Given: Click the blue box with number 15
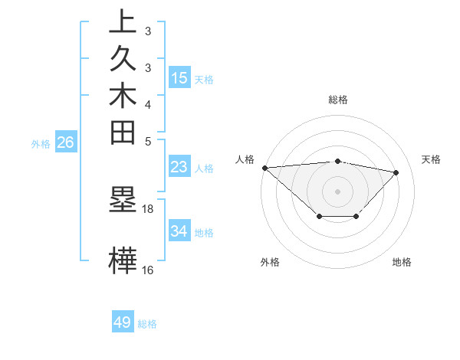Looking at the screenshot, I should point(179,78).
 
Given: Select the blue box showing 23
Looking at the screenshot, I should point(179,167).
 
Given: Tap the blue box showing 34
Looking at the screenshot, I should point(179,231).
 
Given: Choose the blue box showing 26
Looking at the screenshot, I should point(65,142).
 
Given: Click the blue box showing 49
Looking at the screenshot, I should point(123,322).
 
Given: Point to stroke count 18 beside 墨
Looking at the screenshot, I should point(148,208).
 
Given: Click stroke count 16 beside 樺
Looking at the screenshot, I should point(148,270).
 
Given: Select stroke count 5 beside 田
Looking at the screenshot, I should point(148,141).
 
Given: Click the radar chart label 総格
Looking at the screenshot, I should point(338,100).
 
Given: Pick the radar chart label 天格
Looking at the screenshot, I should point(431,159).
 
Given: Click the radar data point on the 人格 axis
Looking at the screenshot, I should point(264,167).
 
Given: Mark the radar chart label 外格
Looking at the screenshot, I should point(269,262).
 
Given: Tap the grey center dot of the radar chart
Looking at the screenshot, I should point(338,191).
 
